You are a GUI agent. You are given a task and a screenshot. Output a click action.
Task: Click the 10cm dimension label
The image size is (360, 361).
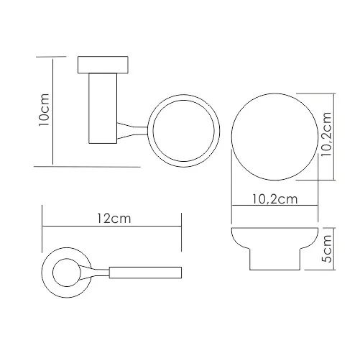point(44,110)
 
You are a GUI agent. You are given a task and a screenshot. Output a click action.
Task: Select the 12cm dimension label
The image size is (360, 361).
point(114,219)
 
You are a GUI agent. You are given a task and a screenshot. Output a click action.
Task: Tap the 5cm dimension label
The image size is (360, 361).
point(327,249)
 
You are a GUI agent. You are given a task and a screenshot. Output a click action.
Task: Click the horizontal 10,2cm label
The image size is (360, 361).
point(275,199)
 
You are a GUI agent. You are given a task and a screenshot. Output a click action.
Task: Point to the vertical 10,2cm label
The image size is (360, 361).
point(326,134)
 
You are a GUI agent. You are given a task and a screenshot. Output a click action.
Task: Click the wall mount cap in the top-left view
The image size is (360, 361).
point(103,65)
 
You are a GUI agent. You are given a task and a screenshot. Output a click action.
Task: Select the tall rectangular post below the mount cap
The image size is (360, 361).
point(103,109)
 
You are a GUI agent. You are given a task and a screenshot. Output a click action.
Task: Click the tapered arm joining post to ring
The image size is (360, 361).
point(132,131)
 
